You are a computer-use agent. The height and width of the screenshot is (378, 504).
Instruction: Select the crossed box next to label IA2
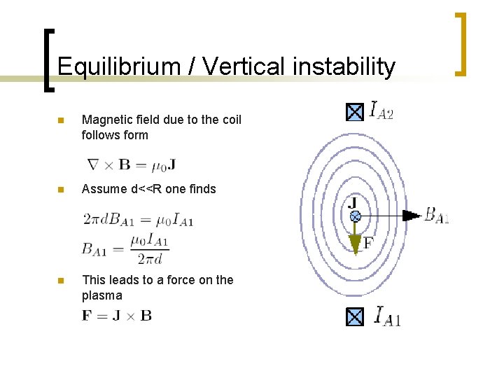click(x=355, y=112)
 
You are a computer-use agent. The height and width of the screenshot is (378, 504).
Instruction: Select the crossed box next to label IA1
click(x=355, y=317)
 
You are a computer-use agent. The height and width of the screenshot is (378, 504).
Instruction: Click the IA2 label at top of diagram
click(x=381, y=111)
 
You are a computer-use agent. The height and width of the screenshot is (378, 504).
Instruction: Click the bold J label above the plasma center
click(x=353, y=204)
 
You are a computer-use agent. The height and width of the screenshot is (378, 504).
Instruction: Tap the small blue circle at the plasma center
click(x=355, y=217)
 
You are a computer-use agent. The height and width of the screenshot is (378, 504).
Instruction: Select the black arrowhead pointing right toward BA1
click(x=414, y=216)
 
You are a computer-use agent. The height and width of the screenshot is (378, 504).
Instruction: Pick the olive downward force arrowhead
click(x=355, y=242)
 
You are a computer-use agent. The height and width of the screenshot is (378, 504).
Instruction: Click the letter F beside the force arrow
click(x=368, y=243)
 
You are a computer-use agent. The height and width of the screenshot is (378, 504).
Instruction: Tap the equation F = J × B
click(x=117, y=315)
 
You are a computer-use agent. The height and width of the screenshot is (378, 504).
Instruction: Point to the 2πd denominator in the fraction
click(x=149, y=259)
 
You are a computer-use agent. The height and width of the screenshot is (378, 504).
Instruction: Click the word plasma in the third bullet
click(x=102, y=295)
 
